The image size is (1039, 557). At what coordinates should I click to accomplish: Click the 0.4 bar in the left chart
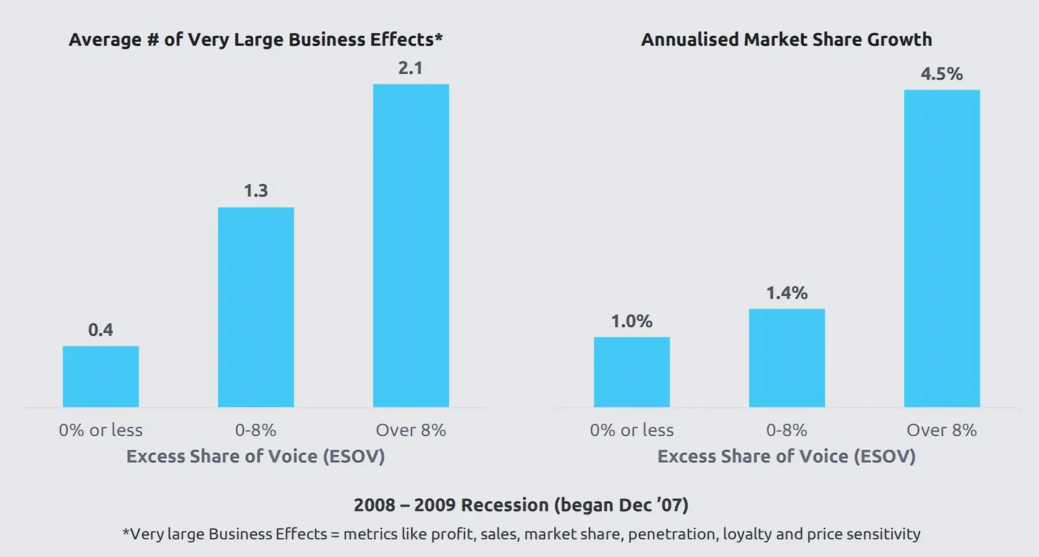(101, 377)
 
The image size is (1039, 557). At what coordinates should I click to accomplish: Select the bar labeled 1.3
(256, 307)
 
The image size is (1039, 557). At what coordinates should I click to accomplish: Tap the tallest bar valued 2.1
(410, 245)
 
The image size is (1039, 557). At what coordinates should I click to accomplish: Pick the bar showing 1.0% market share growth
(631, 372)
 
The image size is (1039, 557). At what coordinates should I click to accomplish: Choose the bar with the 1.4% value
(786, 358)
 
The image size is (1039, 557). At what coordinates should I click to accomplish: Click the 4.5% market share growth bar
(942, 249)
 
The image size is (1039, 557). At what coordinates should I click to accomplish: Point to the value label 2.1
(410, 68)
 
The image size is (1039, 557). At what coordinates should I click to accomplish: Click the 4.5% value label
(942, 74)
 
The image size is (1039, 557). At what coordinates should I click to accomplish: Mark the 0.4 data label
(101, 330)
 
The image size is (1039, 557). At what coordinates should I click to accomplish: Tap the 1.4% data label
(786, 293)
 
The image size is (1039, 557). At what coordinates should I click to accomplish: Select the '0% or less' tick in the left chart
(101, 430)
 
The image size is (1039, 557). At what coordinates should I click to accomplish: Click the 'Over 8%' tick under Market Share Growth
(942, 430)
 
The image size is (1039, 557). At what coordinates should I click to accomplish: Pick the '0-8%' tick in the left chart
(256, 430)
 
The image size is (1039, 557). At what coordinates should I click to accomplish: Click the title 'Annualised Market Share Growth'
(786, 40)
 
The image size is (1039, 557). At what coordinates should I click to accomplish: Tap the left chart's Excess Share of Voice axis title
(255, 456)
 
